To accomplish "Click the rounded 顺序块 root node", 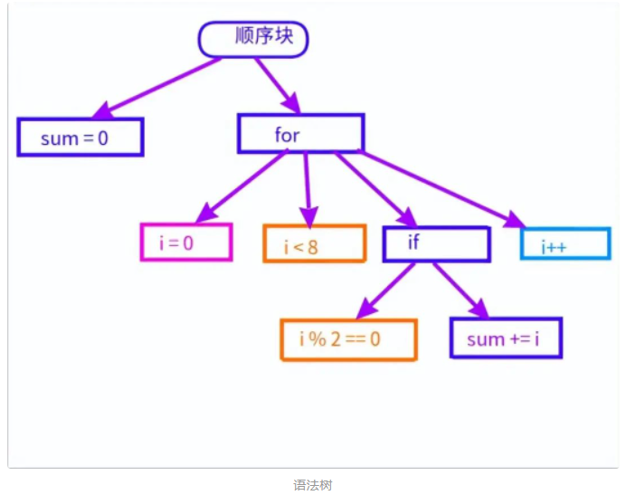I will (x=252, y=39).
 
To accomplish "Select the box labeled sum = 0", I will (x=80, y=138).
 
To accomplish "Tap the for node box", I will (x=300, y=134).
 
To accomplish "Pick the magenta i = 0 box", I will (x=185, y=242).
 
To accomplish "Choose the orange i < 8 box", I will (x=314, y=243).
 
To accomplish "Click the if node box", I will (x=436, y=243).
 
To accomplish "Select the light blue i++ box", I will (x=565, y=244).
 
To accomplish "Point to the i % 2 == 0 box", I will (x=348, y=339).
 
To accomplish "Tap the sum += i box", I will (x=506, y=338).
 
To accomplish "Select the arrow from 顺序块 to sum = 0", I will (x=158, y=86).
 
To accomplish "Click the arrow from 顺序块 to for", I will (x=276, y=84).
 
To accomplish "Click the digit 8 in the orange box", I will (x=313, y=245).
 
